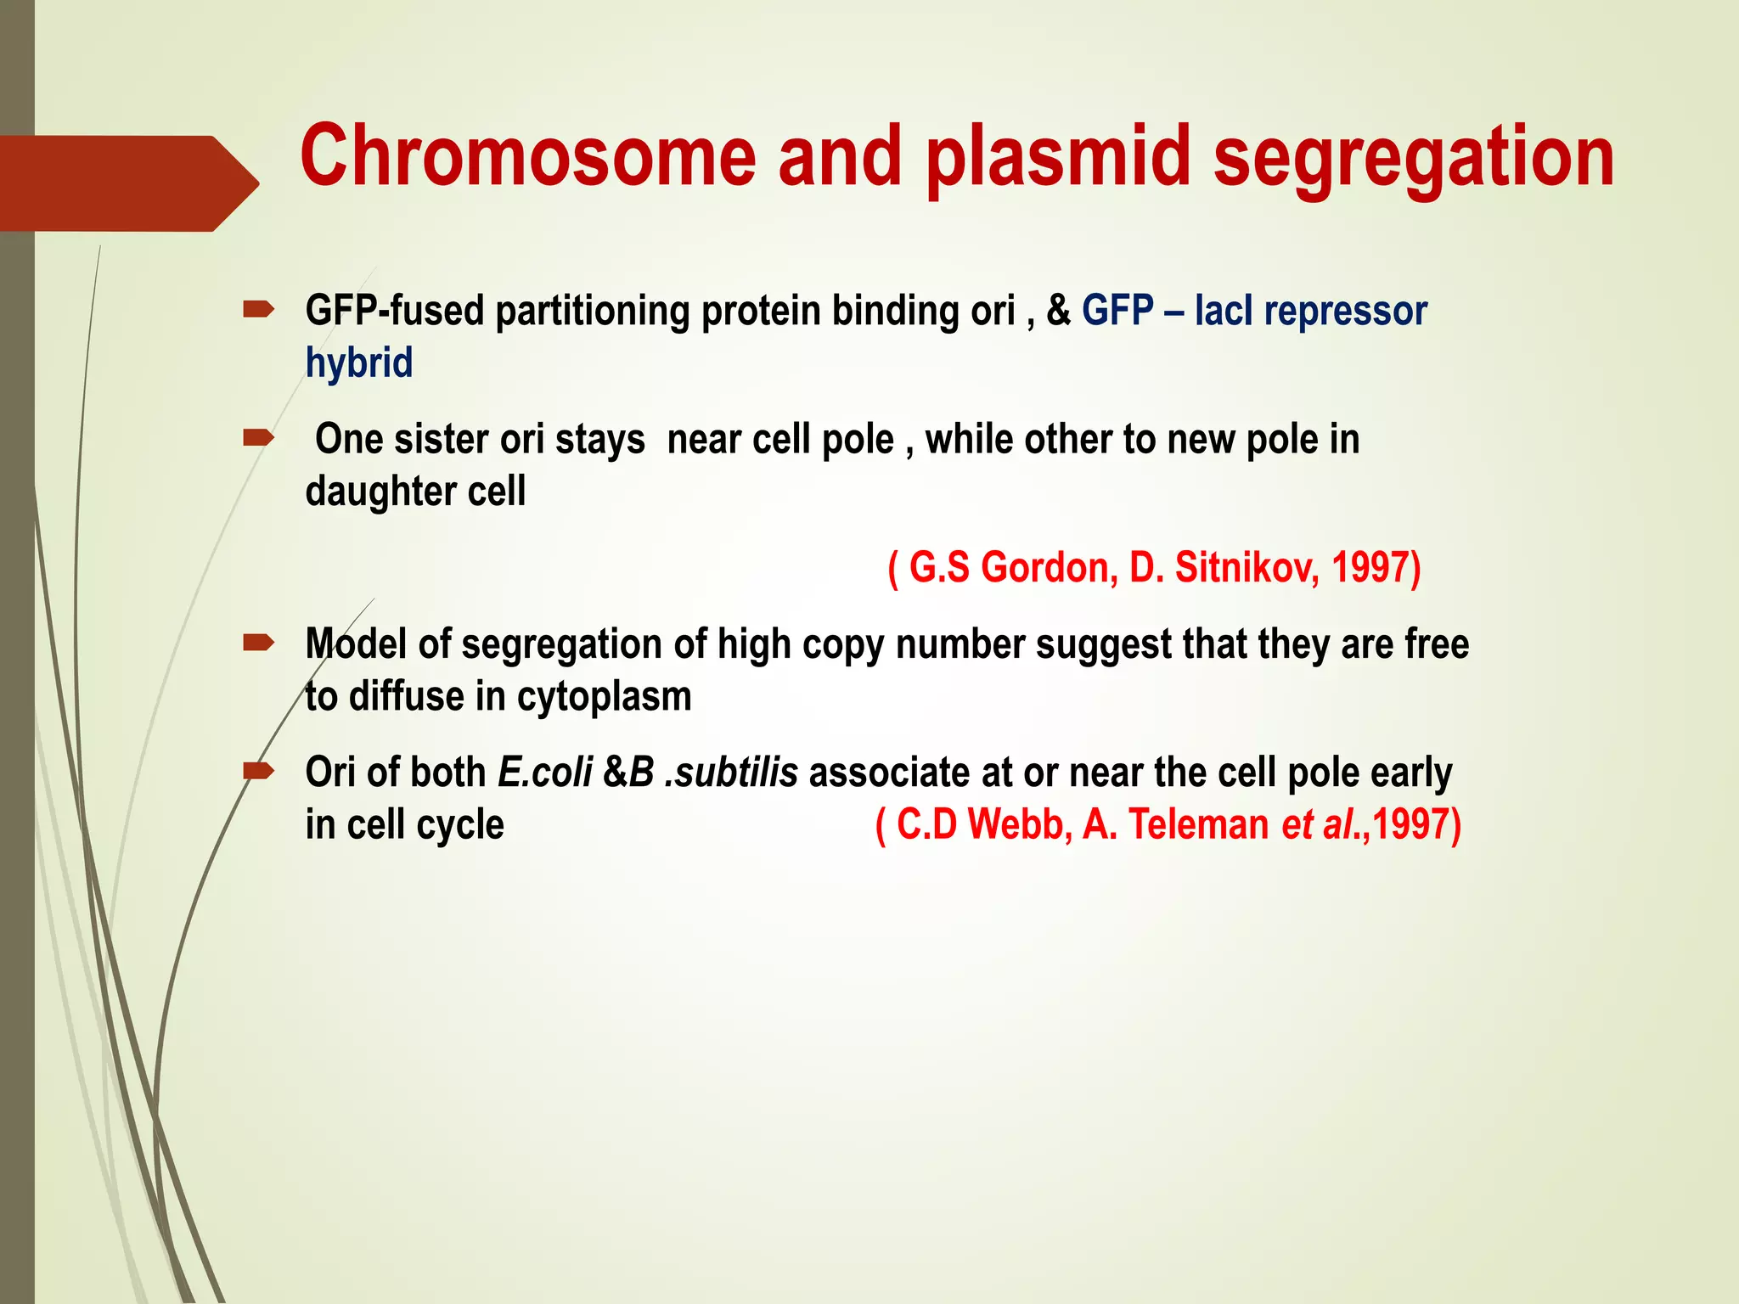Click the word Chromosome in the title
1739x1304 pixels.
click(527, 156)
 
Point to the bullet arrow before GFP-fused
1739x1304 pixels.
click(258, 310)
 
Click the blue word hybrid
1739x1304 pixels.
click(359, 363)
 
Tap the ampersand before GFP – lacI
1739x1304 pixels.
click(1058, 311)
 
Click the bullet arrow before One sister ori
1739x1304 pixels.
click(258, 438)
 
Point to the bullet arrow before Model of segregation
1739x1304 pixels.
click(258, 643)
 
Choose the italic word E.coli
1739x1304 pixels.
click(545, 773)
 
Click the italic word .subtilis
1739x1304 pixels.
click(731, 773)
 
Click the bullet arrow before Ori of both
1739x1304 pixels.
click(258, 771)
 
